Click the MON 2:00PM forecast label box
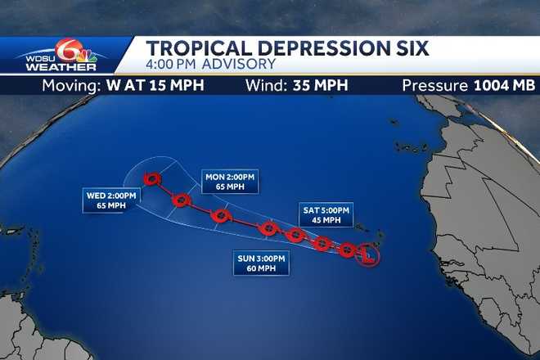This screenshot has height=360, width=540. pyautogui.click(x=230, y=182)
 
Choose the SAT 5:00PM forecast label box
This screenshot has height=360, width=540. pyautogui.click(x=326, y=215)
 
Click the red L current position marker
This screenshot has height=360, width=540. pyautogui.click(x=369, y=255)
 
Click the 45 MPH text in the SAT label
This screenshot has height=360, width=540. pyautogui.click(x=326, y=220)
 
